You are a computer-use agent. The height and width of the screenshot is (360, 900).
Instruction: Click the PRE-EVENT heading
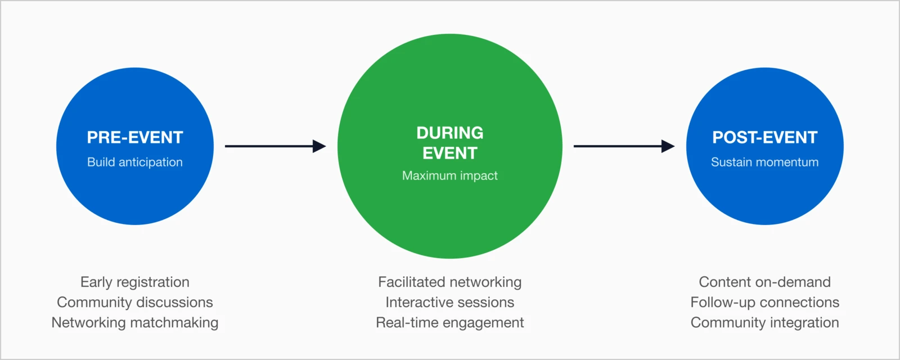tap(135, 137)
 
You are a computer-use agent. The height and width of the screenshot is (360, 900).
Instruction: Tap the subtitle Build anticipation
tap(135, 162)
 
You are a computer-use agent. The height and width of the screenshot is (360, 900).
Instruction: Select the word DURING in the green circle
tap(450, 133)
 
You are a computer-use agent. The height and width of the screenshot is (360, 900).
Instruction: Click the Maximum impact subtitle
tap(450, 175)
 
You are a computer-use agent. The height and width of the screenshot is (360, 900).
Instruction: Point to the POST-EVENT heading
tap(765, 137)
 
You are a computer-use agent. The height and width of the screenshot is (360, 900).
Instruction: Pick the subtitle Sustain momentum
tap(765, 162)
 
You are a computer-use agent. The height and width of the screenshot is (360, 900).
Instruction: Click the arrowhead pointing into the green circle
tap(319, 146)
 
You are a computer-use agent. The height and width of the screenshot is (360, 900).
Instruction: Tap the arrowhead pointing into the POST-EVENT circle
tap(668, 146)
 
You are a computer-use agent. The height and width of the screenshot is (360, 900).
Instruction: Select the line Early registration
tap(135, 282)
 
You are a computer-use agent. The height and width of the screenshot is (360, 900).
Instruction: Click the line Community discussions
tap(135, 302)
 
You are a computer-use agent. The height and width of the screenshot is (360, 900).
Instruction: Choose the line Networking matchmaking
tap(135, 322)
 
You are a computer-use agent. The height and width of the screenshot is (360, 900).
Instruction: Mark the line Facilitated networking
tap(450, 282)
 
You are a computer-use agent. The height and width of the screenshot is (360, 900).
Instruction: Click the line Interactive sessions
tap(450, 302)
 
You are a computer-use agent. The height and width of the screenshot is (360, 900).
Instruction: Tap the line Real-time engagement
tap(450, 322)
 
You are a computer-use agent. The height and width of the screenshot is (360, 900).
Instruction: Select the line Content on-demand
tap(765, 282)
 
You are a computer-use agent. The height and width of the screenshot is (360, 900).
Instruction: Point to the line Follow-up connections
tap(765, 302)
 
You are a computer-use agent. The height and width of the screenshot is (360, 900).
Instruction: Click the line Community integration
tap(765, 322)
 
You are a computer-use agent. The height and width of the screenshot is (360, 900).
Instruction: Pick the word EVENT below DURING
tap(450, 153)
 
